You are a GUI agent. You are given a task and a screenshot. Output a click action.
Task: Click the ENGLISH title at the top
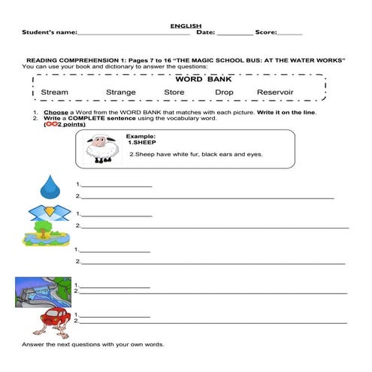[x=186, y=26]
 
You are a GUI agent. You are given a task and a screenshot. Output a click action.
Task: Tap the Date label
[x=205, y=32]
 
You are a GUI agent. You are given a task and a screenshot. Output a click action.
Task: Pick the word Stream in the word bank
[x=54, y=92]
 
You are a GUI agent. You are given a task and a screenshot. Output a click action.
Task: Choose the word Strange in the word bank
[x=120, y=92]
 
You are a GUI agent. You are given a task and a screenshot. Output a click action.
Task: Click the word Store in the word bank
[x=174, y=92]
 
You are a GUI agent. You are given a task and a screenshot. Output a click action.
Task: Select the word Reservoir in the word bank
[x=275, y=92]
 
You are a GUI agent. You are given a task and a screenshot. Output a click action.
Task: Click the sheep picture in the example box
[x=99, y=149]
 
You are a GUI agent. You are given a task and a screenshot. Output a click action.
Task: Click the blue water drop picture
[x=50, y=185]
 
